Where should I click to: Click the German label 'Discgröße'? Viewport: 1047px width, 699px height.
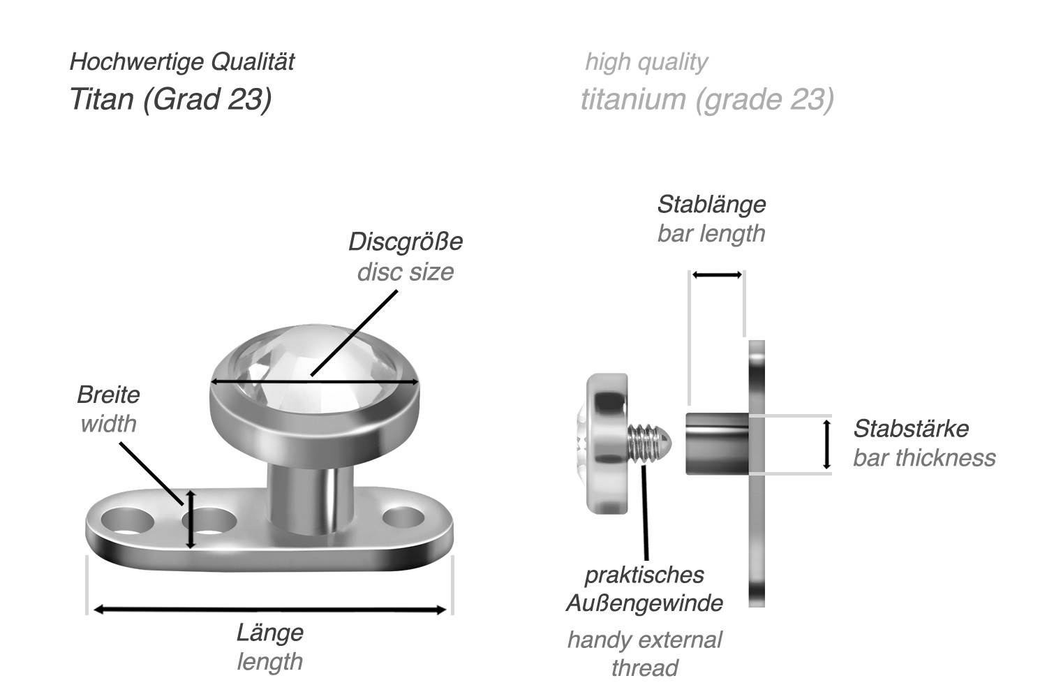tap(405, 242)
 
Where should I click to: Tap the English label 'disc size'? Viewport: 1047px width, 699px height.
tap(405, 272)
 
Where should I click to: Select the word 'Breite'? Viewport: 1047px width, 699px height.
tap(108, 395)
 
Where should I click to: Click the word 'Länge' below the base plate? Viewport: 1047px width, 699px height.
tap(269, 633)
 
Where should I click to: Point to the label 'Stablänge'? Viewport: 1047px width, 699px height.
tap(711, 205)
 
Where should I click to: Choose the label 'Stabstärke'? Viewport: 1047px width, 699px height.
tap(910, 428)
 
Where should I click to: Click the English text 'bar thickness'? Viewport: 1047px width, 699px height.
tap(923, 458)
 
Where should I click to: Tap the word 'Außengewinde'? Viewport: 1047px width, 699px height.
tap(644, 603)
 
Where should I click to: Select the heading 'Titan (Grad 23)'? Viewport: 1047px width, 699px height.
tap(170, 99)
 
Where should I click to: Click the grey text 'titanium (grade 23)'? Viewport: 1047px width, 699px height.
tap(707, 99)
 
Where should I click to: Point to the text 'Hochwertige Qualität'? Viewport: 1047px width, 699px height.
tap(181, 62)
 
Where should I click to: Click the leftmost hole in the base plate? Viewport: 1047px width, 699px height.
tap(126, 522)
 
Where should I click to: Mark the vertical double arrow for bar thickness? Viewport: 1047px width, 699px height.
tap(827, 444)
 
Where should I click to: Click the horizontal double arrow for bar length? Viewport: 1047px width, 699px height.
tap(717, 275)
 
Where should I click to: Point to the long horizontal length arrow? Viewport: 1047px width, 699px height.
tap(269, 610)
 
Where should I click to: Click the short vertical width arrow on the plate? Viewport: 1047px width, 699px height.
tap(190, 520)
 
